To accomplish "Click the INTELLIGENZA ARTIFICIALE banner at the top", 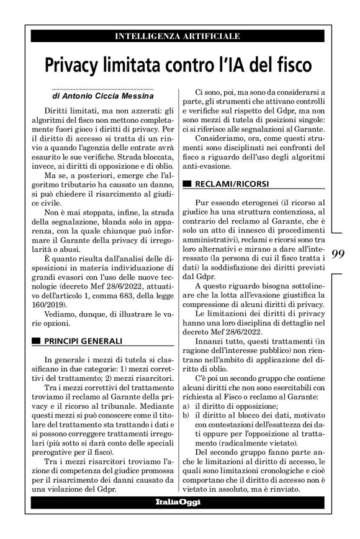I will [177, 37].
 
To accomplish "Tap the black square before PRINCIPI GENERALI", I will [35, 341].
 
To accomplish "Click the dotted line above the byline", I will [103, 89].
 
